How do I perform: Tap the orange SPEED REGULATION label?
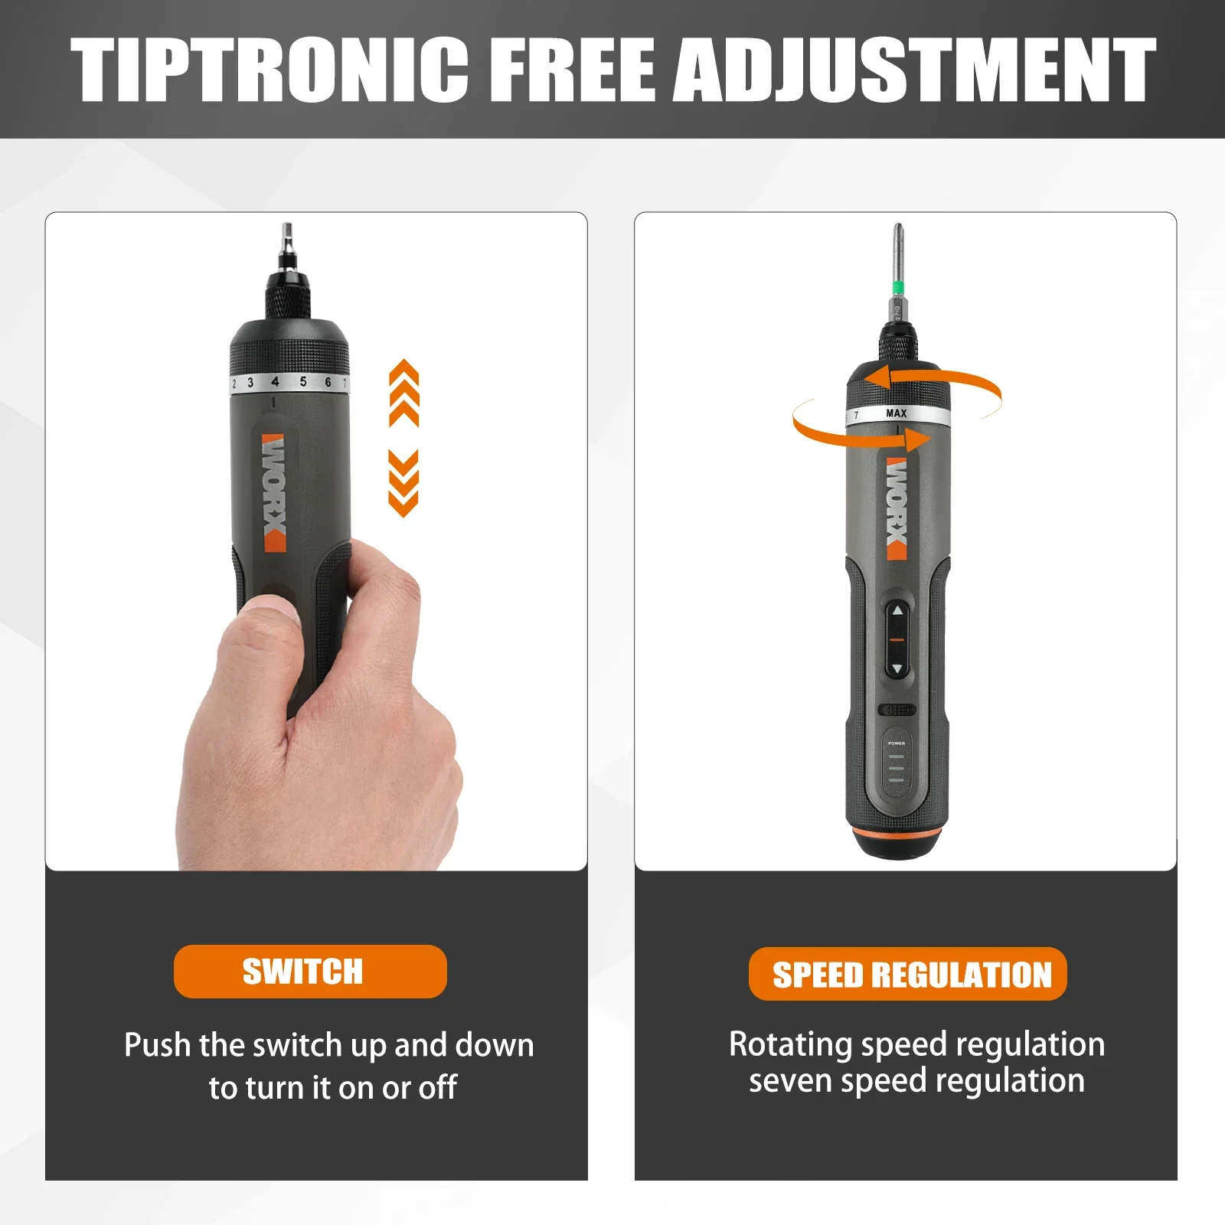coord(907,974)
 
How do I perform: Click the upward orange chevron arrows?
coord(403,392)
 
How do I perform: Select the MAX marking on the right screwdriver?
coord(896,413)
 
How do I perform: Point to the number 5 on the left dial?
coord(303,381)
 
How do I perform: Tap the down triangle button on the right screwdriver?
coord(897,668)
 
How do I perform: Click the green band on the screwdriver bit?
coord(897,289)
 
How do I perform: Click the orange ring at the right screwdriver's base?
coord(897,833)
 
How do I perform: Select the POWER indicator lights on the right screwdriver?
coord(897,768)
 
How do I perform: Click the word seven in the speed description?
coord(784,1081)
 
